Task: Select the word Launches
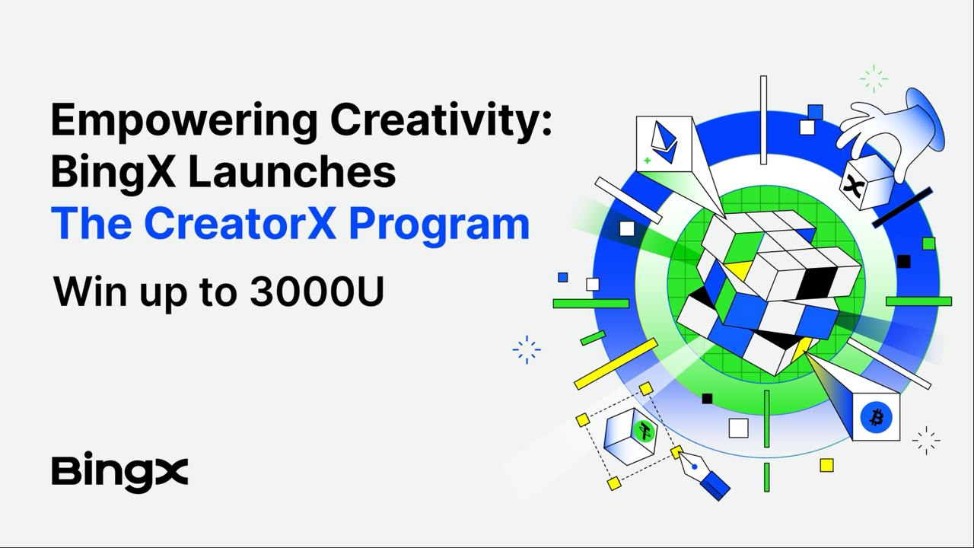(291, 172)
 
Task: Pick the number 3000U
(317, 292)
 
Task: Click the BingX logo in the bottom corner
(119, 471)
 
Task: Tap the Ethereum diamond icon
(664, 142)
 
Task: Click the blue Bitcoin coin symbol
(876, 418)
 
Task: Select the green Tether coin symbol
(644, 432)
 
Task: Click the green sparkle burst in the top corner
(874, 79)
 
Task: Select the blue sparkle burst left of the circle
(527, 349)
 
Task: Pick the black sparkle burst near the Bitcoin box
(926, 441)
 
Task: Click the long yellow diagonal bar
(616, 364)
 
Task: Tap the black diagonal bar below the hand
(902, 208)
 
